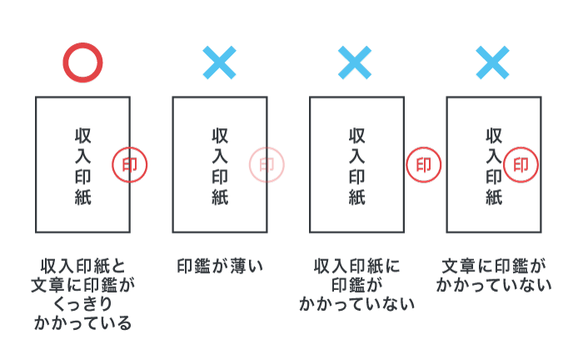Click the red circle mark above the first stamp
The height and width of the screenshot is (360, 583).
pyautogui.click(x=82, y=62)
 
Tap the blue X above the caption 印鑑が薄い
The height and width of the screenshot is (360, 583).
pyautogui.click(x=219, y=62)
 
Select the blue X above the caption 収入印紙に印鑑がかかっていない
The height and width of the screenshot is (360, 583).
pyautogui.click(x=355, y=62)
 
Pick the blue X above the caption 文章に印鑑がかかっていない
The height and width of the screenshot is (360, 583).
pyautogui.click(x=492, y=62)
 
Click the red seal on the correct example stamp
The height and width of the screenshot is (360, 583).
pyautogui.click(x=130, y=165)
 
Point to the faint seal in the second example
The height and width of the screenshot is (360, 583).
pyautogui.click(x=267, y=165)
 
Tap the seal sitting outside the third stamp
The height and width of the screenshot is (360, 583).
pyautogui.click(x=424, y=165)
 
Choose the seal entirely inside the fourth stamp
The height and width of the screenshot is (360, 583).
pyautogui.click(x=521, y=165)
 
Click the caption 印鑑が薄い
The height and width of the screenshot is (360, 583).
pyautogui.click(x=220, y=267)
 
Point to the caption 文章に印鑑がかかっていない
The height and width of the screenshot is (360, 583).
pyautogui.click(x=493, y=276)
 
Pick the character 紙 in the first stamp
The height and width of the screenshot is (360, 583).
pyautogui.click(x=82, y=197)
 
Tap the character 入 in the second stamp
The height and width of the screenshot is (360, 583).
pyautogui.click(x=220, y=156)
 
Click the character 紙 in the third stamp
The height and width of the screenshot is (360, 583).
pyautogui.click(x=356, y=197)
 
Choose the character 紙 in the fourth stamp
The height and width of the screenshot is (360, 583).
pyautogui.click(x=494, y=197)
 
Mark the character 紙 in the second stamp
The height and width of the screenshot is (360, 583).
pyautogui.click(x=220, y=197)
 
